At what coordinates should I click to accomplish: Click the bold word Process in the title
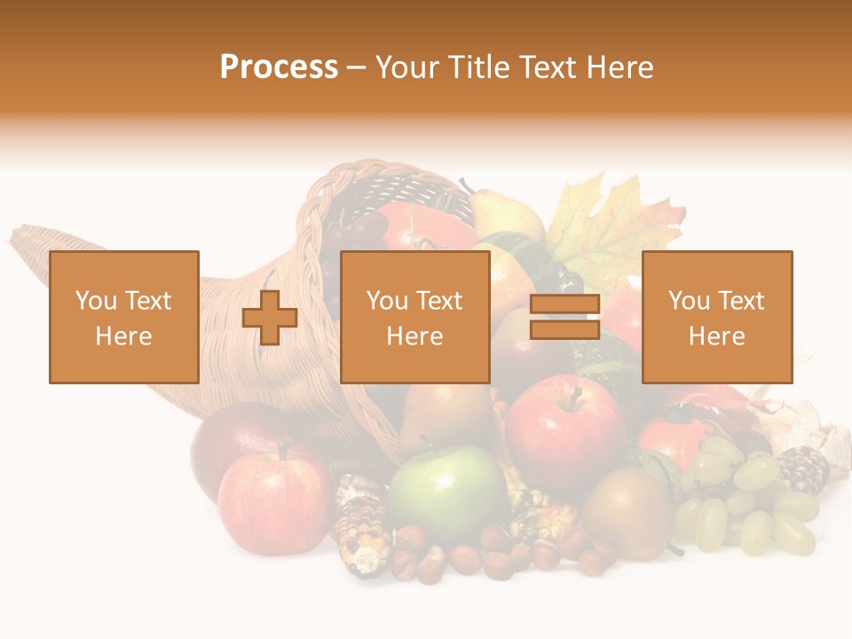pyautogui.click(x=279, y=67)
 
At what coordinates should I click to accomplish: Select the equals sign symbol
pyautogui.click(x=564, y=318)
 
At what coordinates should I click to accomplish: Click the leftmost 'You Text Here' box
pyautogui.click(x=124, y=317)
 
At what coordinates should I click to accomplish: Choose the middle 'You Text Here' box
pyautogui.click(x=414, y=317)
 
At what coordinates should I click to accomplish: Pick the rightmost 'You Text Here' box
pyautogui.click(x=716, y=317)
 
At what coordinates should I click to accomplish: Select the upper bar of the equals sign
pyautogui.click(x=564, y=304)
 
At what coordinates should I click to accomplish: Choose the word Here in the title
pyautogui.click(x=620, y=67)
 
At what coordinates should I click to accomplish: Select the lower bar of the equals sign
pyautogui.click(x=564, y=330)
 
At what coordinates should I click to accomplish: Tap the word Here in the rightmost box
pyautogui.click(x=716, y=336)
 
